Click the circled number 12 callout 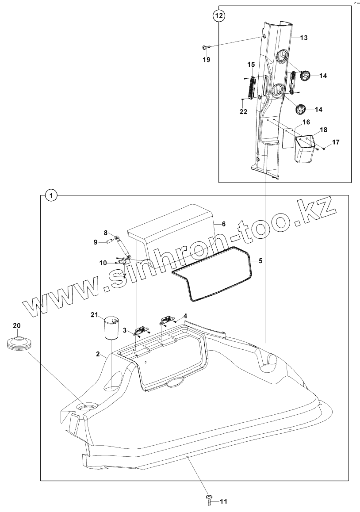[219, 15]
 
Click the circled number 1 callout [51, 195]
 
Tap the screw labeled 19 [205, 47]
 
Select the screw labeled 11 [209, 500]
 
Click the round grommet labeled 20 [18, 343]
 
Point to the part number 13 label [304, 38]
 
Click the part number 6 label [224, 224]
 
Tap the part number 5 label [260, 261]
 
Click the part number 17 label [336, 142]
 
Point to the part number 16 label [306, 122]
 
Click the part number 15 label [251, 65]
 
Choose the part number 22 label [243, 112]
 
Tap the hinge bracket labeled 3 [142, 329]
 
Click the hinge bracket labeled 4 [167, 319]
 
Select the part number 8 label [106, 233]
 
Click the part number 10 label [103, 263]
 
